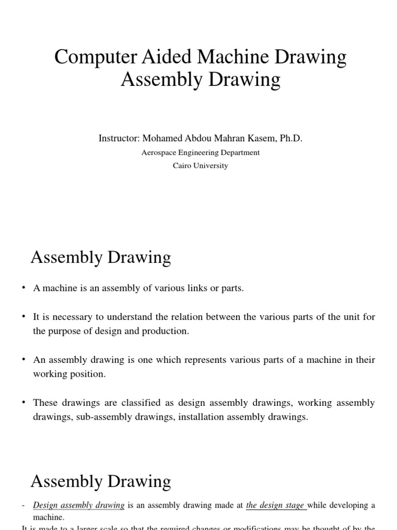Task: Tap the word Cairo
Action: [x=182, y=166]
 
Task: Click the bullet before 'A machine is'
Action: [x=24, y=288]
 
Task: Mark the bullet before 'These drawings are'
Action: [x=24, y=403]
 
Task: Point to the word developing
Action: [x=349, y=505]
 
